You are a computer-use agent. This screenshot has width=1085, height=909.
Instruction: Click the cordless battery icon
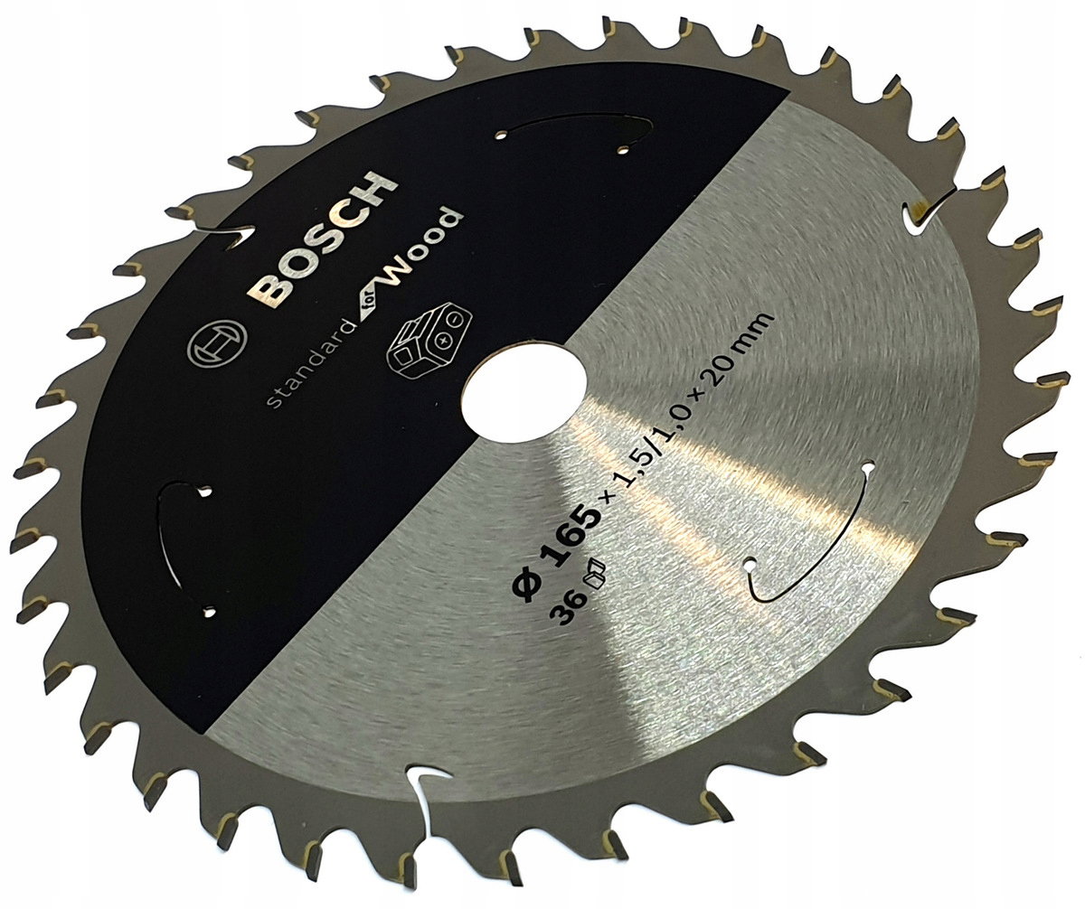click(x=429, y=341)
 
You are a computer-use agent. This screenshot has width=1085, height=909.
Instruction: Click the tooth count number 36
click(x=571, y=608)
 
